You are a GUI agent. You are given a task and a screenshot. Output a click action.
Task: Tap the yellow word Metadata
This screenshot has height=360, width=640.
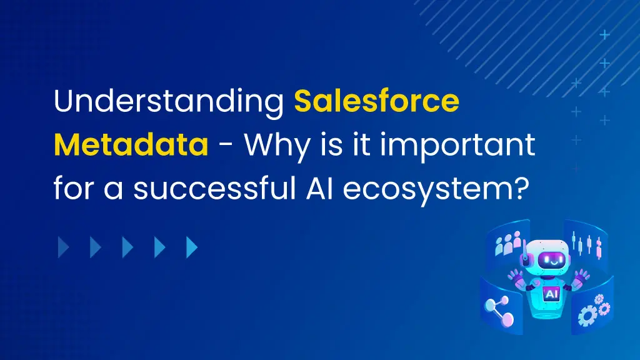[x=131, y=144]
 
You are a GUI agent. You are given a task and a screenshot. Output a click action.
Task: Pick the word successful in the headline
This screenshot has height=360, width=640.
[x=215, y=188]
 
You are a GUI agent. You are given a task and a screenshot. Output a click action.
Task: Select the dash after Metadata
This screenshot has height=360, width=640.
[x=226, y=146]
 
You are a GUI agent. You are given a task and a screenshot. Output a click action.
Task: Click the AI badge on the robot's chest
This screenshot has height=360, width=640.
[x=551, y=294]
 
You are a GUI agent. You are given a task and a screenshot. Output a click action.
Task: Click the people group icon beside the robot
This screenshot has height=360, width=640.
[x=507, y=243]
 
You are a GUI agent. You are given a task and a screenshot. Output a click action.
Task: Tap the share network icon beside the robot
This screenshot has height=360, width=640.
[x=499, y=311]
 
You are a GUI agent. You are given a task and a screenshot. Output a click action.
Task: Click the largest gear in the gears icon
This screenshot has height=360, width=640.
[x=587, y=316]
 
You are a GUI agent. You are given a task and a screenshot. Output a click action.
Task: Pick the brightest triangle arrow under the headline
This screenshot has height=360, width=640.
[x=191, y=247]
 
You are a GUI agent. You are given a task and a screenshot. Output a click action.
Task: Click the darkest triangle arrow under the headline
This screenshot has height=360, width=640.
[x=63, y=247]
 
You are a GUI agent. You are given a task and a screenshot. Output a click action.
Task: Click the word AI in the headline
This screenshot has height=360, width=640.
[x=319, y=188]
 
